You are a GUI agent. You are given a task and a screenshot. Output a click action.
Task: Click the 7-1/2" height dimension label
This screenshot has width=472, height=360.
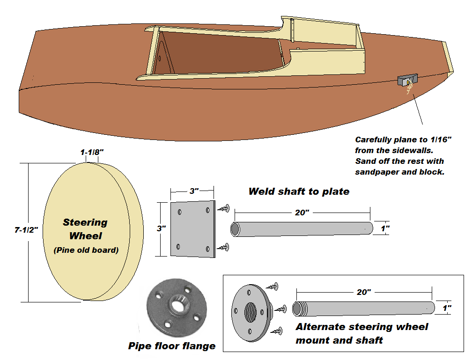(x=26, y=230)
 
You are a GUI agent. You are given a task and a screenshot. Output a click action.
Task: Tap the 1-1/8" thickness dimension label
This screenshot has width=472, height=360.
(x=92, y=152)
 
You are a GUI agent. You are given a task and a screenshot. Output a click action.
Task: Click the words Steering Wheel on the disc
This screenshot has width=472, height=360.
(x=85, y=229)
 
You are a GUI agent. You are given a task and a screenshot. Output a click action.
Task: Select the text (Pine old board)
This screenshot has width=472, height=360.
(x=86, y=250)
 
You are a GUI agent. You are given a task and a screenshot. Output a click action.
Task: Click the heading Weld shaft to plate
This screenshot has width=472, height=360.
(x=299, y=191)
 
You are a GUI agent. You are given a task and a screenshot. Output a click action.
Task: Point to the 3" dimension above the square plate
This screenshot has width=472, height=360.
(x=194, y=191)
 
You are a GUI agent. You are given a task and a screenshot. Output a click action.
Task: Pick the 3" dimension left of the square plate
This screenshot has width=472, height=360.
(x=161, y=228)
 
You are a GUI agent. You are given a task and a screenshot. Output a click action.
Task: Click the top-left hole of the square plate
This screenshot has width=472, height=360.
(x=180, y=212)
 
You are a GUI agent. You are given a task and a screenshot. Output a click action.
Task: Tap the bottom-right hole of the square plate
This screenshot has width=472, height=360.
(x=208, y=249)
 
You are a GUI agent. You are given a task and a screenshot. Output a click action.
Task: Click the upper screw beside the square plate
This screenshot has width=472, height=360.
(x=224, y=208)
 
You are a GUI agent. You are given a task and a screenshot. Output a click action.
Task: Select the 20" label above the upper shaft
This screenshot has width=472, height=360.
(x=302, y=213)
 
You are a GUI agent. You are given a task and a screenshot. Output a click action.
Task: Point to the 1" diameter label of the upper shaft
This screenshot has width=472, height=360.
(x=385, y=228)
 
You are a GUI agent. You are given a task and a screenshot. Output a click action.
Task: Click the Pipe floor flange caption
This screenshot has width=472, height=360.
(x=172, y=346)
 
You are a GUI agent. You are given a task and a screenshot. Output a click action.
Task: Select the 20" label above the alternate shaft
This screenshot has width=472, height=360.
(x=364, y=292)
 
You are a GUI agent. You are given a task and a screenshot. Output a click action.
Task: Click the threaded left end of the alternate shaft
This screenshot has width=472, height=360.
(x=297, y=309)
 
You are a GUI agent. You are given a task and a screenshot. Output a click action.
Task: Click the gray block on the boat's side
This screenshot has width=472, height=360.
(x=407, y=80)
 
